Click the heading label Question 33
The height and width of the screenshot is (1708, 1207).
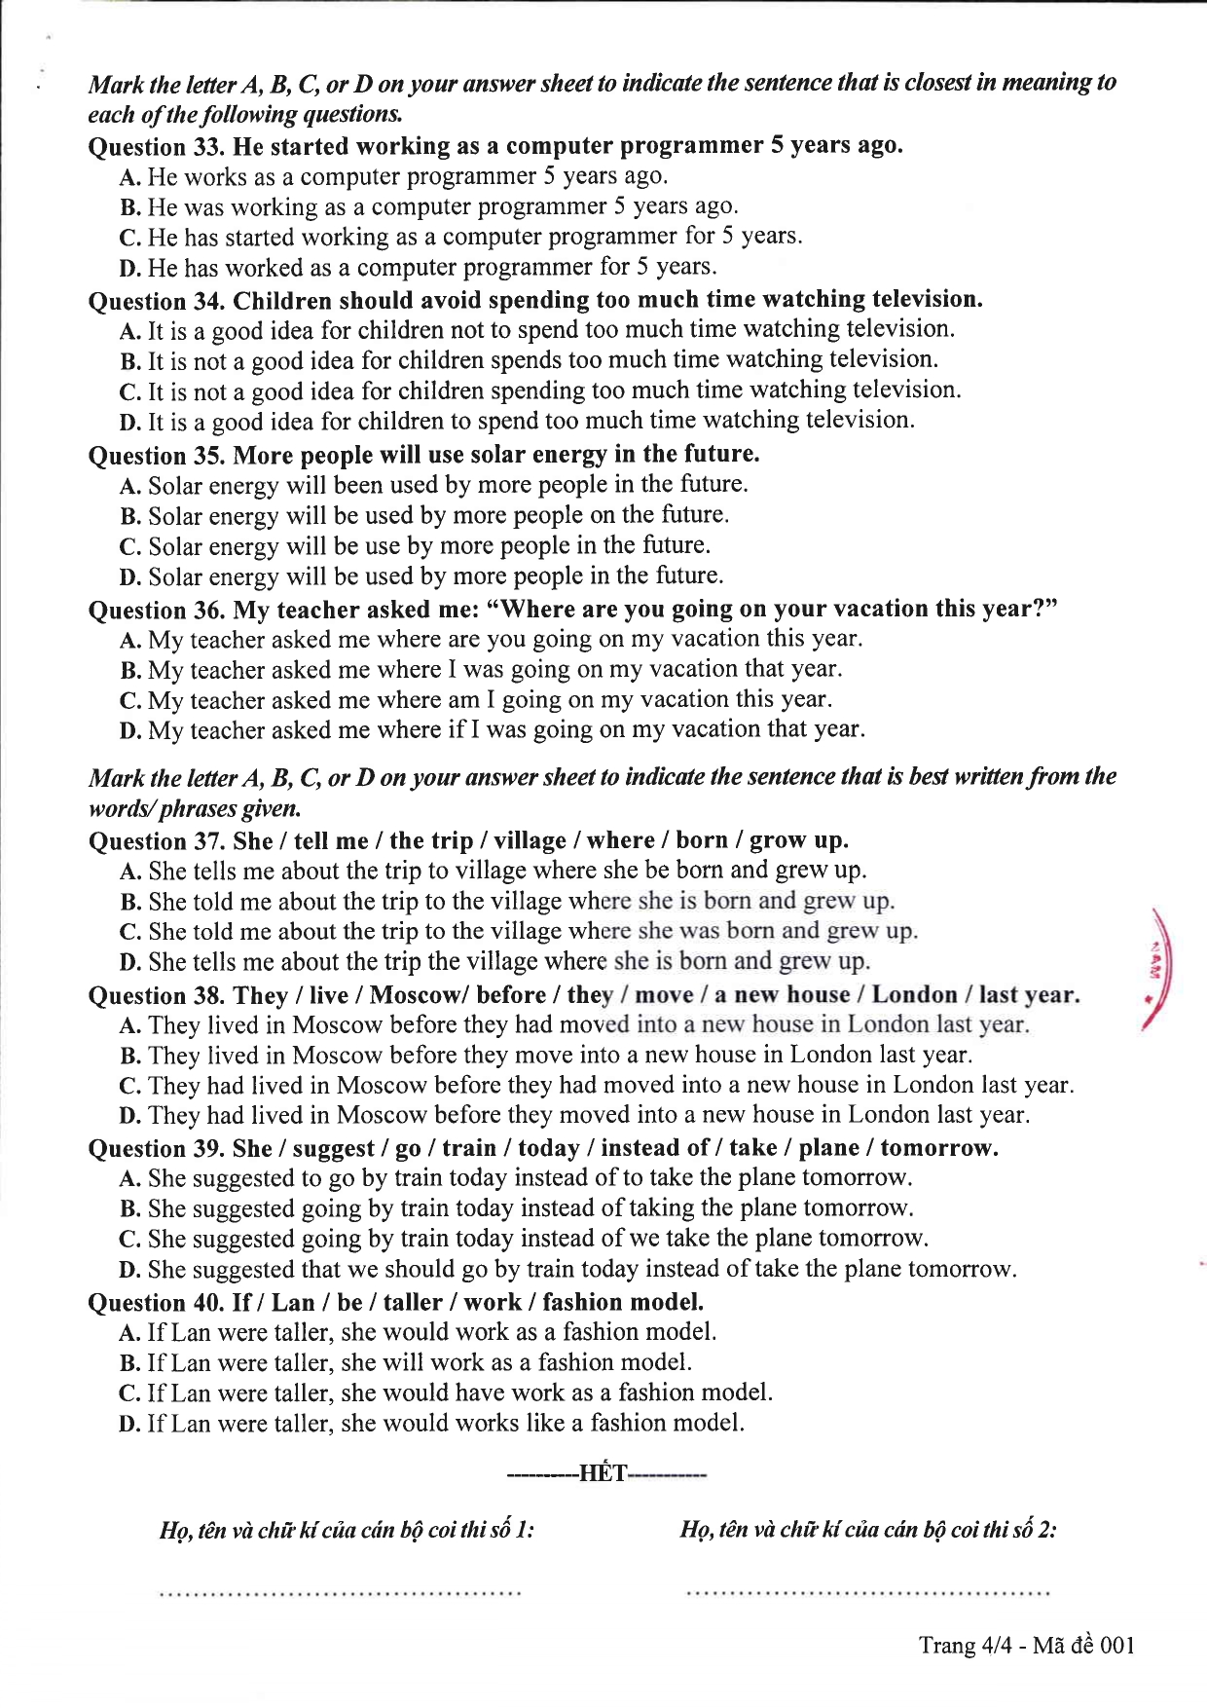[x=157, y=147]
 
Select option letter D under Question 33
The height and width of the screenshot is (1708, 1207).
[x=130, y=268]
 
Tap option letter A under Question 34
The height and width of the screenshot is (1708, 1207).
[x=130, y=331]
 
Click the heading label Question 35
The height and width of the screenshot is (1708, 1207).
[x=157, y=456]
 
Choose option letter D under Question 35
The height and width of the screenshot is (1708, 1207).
[x=130, y=577]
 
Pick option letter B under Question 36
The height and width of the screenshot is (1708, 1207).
[x=130, y=671]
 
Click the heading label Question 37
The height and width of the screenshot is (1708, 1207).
[x=157, y=841]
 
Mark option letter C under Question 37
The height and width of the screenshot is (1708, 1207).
[x=130, y=932]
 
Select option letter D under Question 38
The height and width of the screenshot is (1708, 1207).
[x=130, y=1116]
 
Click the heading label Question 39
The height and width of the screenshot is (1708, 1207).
[x=157, y=1149]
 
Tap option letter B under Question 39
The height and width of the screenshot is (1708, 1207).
[x=130, y=1209]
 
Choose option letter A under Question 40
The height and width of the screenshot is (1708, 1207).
[x=130, y=1333]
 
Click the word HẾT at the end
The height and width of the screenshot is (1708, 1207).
[x=603, y=1473]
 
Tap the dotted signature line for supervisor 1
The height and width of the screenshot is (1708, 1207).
[x=340, y=1593]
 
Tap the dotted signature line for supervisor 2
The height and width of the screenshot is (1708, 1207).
[x=867, y=1593]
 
